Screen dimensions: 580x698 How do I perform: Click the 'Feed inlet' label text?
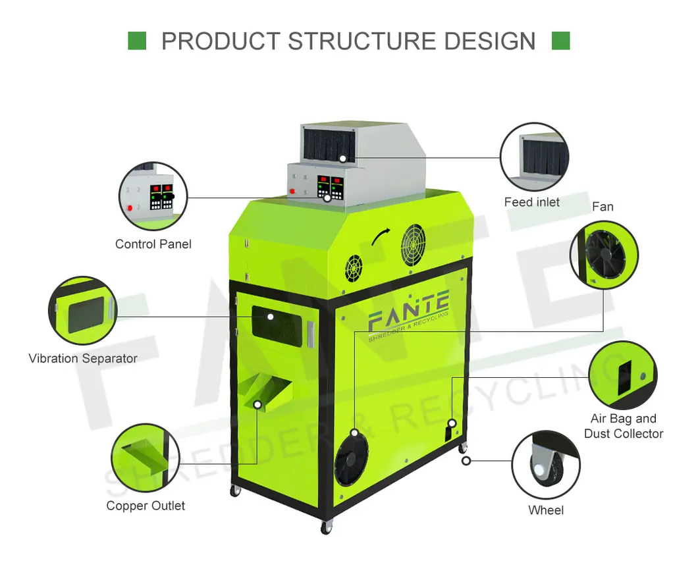point(531,202)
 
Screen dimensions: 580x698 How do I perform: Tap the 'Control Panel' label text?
point(153,244)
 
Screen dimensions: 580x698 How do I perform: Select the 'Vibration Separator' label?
point(83,359)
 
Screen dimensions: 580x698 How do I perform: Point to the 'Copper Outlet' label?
point(146,506)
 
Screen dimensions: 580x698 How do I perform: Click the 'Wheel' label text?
point(546,510)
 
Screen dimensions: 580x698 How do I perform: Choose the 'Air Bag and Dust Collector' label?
point(624,426)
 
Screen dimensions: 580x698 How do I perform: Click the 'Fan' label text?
point(603,207)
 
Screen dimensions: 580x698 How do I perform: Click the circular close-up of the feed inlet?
point(533,157)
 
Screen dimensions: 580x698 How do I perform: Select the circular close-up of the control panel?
point(153,193)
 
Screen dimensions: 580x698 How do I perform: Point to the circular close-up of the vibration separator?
point(82,310)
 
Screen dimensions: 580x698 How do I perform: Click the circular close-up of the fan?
point(603,255)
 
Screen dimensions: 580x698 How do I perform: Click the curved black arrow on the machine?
point(380,238)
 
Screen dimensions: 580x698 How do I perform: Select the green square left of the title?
point(136,41)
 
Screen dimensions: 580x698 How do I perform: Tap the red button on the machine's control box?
point(292,192)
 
